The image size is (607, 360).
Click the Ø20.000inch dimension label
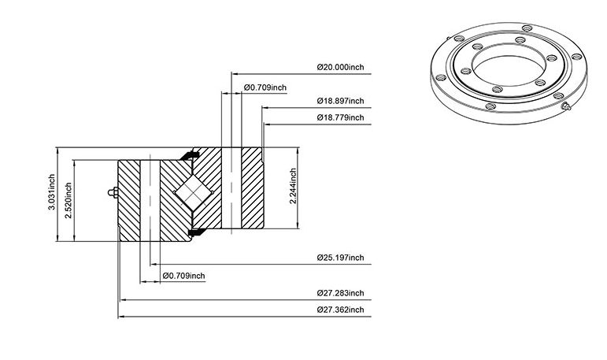[340, 67]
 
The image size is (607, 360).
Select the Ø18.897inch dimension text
[340, 101]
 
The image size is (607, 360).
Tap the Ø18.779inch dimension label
[340, 117]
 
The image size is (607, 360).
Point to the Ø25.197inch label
[340, 258]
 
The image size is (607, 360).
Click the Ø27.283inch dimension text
[340, 293]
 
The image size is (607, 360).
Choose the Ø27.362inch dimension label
[340, 310]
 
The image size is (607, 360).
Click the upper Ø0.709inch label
[265, 87]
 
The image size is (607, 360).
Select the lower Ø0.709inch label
[184, 276]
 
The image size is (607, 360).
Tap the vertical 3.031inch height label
[51, 192]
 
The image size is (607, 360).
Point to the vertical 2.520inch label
[68, 201]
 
